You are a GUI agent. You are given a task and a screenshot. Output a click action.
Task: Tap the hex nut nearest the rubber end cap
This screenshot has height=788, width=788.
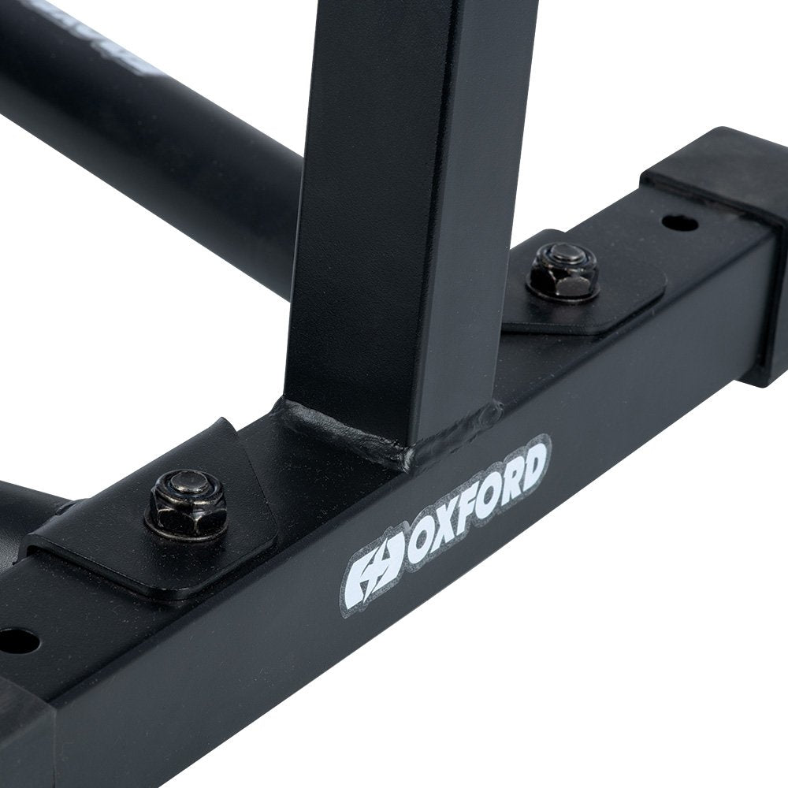click(x=563, y=272)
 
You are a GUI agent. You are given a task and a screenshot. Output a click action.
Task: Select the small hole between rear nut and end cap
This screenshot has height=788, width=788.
click(x=679, y=223)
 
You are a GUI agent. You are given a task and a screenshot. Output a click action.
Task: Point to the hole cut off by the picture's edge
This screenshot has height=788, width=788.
click(x=17, y=640)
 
